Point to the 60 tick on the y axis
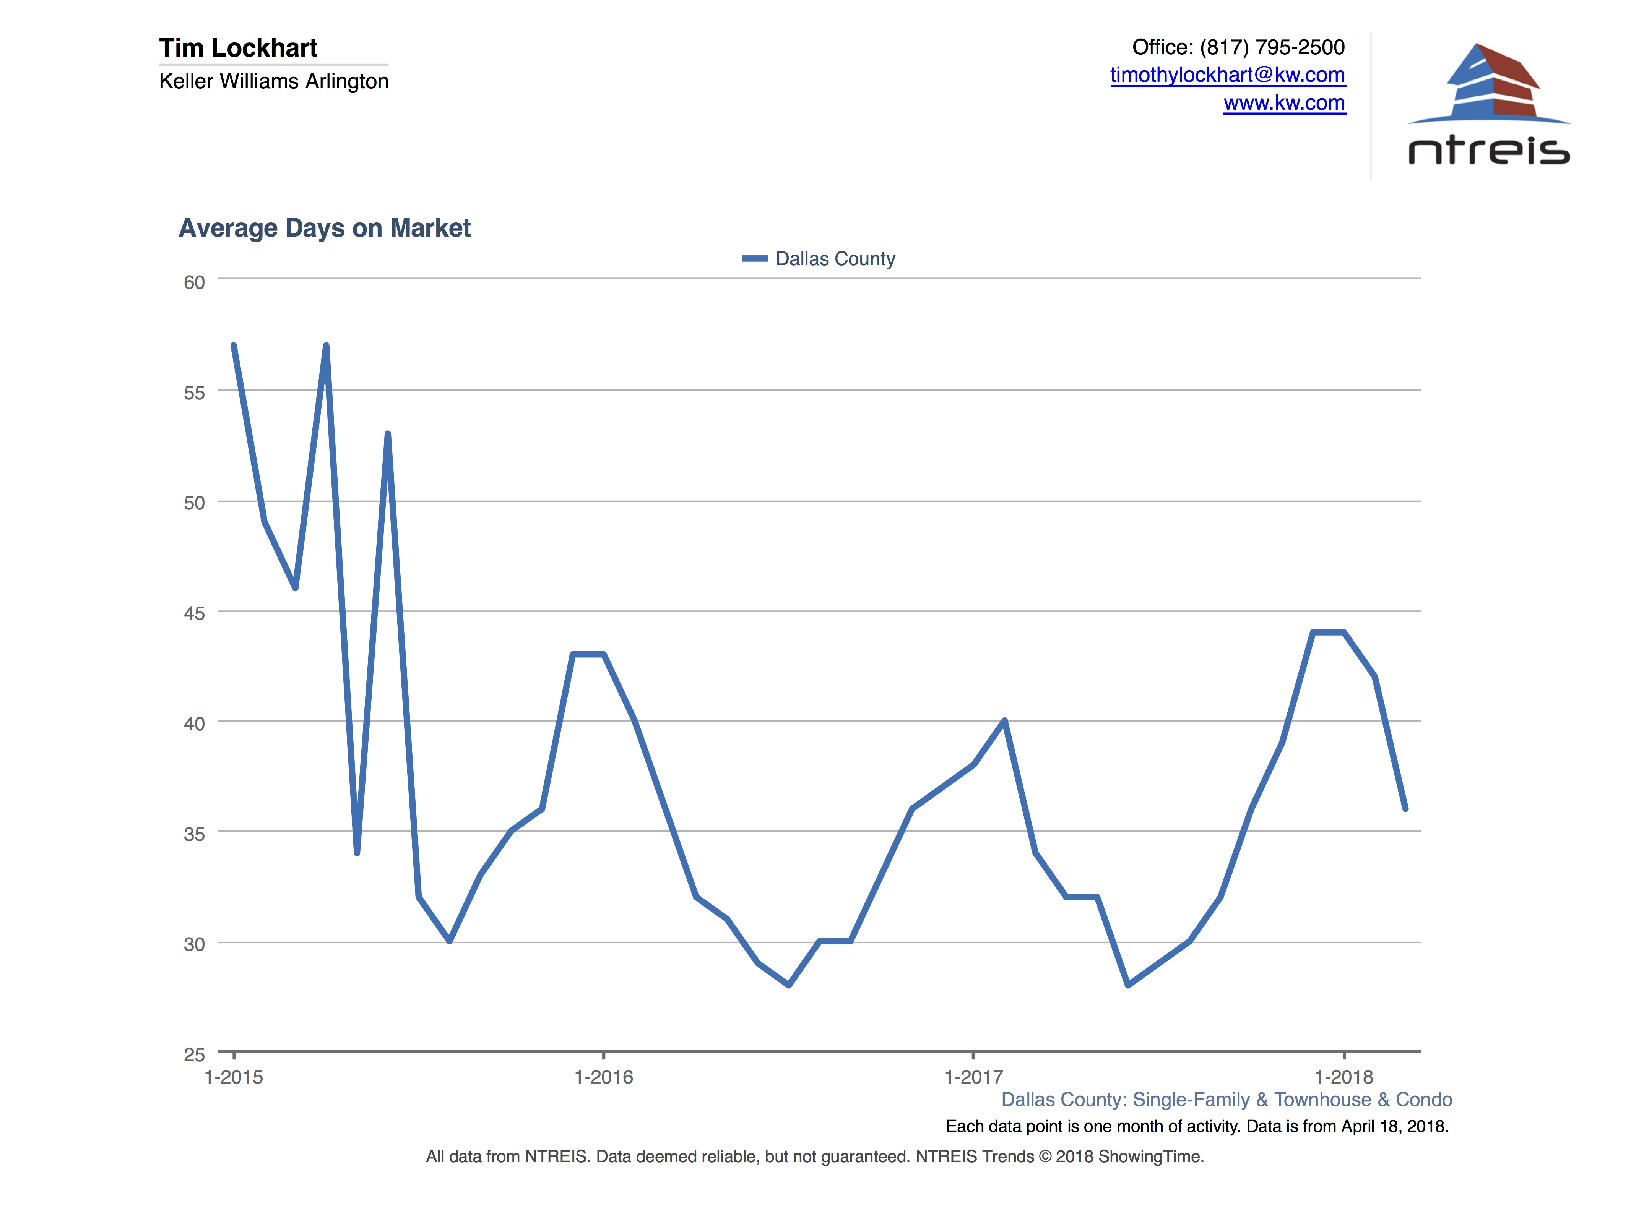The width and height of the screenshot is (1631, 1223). tap(194, 282)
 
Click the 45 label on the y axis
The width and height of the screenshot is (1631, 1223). tap(194, 613)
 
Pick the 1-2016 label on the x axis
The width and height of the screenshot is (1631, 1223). tap(603, 1077)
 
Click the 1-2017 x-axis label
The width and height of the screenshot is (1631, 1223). tap(973, 1077)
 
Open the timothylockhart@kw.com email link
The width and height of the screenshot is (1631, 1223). tap(1227, 75)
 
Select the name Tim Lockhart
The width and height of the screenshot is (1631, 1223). tap(238, 48)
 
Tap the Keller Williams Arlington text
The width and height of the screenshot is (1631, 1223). tap(274, 81)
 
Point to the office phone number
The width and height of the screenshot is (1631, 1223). tap(1271, 47)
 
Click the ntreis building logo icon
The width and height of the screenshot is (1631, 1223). tap(1490, 83)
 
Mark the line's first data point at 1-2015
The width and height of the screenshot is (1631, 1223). tap(234, 346)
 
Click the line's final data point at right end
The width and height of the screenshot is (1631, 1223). tap(1405, 809)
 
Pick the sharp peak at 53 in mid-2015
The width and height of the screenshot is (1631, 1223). tap(388, 434)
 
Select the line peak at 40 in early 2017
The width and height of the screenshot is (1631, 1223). tap(1004, 721)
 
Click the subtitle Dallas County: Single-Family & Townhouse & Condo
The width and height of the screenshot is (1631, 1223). tap(1226, 1100)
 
